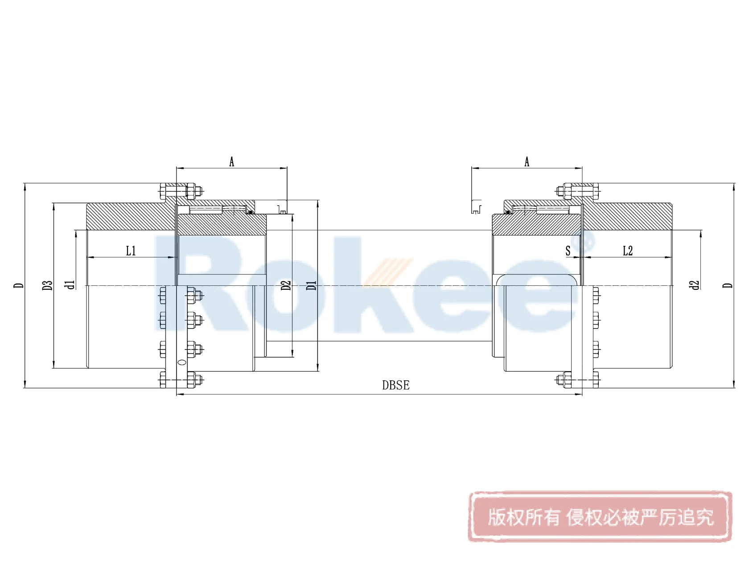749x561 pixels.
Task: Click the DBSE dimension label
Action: coord(395,385)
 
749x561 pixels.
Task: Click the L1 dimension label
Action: coord(131,251)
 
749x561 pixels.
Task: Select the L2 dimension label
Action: coord(627,251)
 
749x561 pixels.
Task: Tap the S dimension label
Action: coord(568,251)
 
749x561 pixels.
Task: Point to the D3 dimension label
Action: coord(47,285)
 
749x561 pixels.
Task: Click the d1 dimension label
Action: coord(70,285)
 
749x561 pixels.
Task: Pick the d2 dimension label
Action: coord(694,285)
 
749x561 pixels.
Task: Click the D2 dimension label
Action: coord(286,285)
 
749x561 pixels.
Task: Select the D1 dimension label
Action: coord(311,285)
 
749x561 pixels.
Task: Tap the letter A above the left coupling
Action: coord(231,162)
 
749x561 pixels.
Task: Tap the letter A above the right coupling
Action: coord(527,162)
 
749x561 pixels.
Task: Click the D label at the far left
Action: coord(18,285)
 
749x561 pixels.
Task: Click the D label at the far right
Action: coord(728,285)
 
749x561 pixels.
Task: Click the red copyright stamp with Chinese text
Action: coord(600,516)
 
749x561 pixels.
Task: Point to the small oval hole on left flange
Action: coord(181,362)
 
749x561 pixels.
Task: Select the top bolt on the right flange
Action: coord(577,191)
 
